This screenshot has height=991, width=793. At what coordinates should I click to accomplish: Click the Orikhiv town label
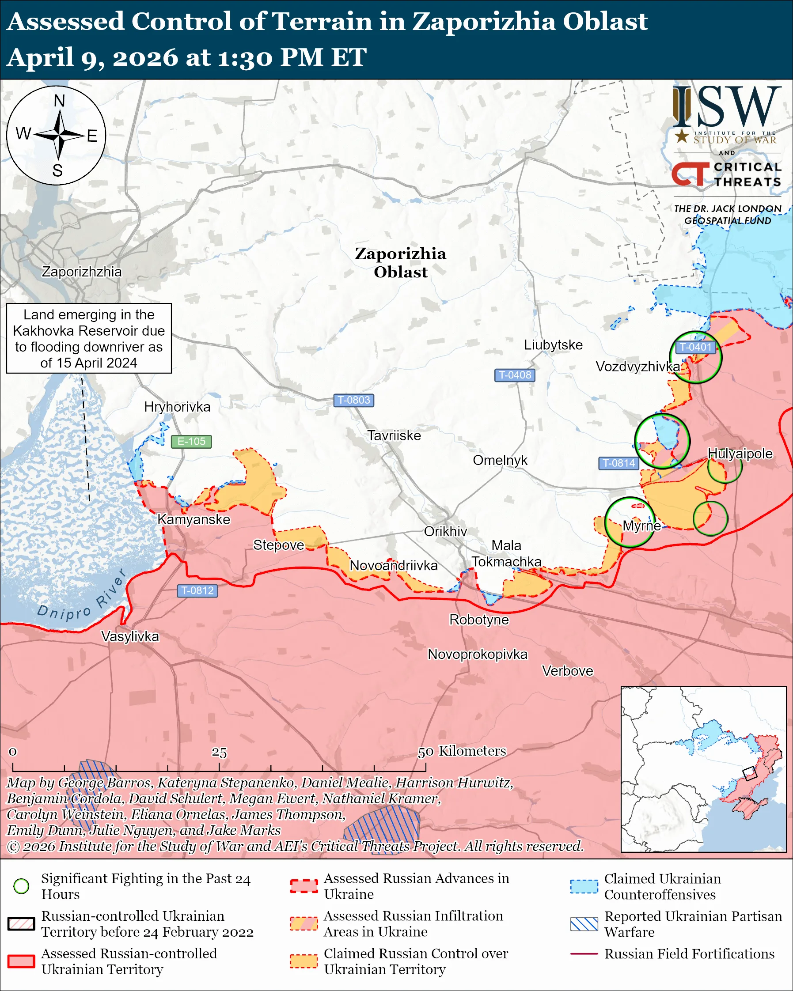click(x=445, y=531)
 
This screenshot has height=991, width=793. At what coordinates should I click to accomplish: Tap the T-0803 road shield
click(x=353, y=400)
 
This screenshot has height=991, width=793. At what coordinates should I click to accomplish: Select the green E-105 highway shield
click(x=191, y=441)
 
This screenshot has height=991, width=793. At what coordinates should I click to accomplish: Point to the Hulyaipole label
click(x=740, y=453)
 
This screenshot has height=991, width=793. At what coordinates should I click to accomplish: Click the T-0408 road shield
click(x=514, y=374)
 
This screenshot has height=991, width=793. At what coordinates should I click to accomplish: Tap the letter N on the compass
click(x=59, y=101)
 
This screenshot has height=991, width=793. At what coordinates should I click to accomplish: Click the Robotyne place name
click(x=478, y=620)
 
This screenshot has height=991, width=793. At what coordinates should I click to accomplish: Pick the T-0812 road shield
click(x=197, y=590)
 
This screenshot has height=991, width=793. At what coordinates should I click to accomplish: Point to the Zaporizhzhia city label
click(x=81, y=272)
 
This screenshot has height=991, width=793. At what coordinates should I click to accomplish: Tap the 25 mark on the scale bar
click(x=219, y=752)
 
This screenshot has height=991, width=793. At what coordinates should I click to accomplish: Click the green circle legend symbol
click(x=21, y=886)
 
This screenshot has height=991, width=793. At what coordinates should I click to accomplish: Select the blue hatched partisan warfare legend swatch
click(x=584, y=924)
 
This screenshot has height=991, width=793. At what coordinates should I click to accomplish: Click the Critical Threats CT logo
click(x=691, y=174)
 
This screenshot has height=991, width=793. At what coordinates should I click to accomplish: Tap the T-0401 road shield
click(x=695, y=347)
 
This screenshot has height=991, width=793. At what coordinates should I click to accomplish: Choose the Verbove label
click(x=567, y=671)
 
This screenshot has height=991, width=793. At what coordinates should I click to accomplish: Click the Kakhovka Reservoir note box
click(x=89, y=338)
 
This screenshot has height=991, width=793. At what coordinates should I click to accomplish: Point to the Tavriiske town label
click(x=394, y=435)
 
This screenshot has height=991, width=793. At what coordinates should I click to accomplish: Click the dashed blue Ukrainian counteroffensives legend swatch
click(x=584, y=886)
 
